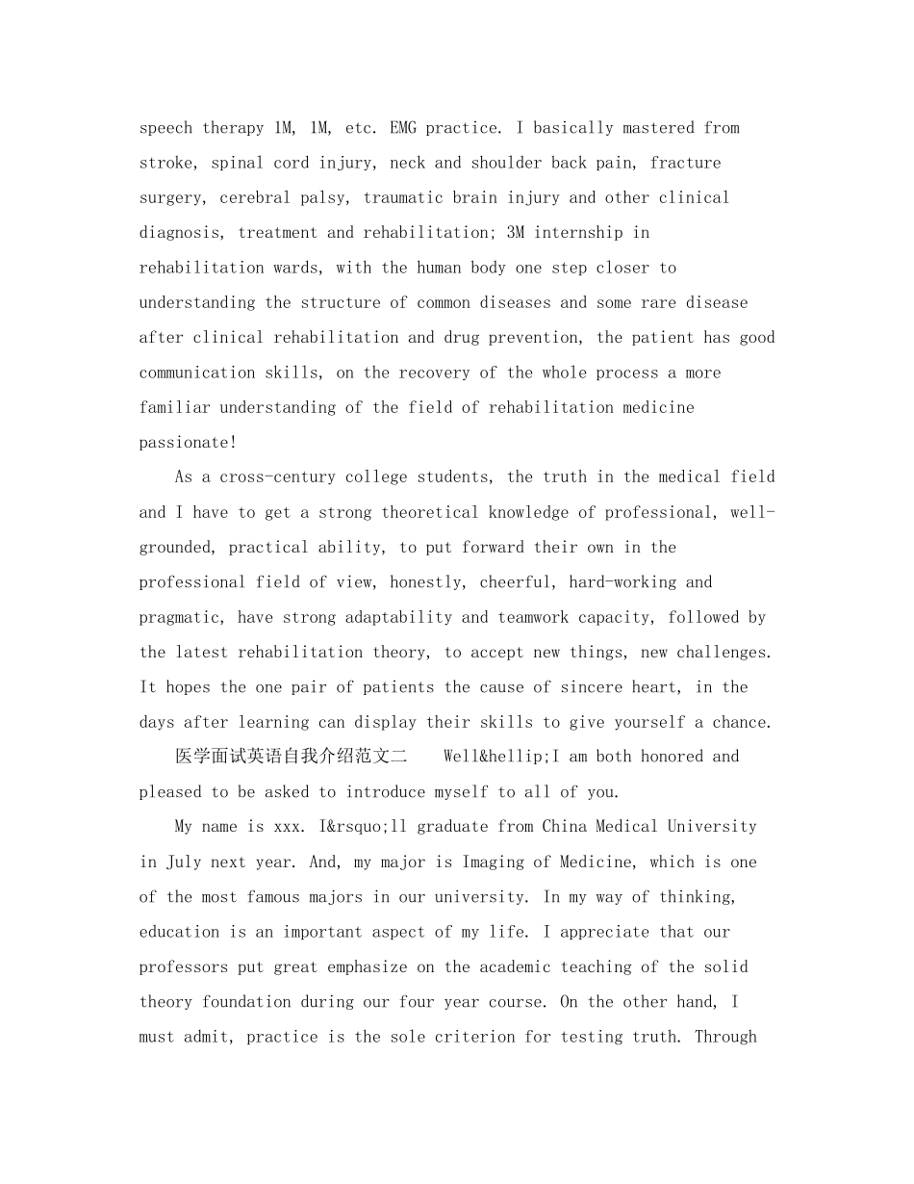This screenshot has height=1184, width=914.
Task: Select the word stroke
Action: (165, 163)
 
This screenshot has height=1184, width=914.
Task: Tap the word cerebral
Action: (255, 198)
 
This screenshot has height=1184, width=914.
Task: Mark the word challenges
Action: (724, 653)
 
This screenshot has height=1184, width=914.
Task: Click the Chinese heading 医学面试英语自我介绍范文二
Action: (292, 757)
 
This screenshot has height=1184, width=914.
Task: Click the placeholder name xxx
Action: (291, 827)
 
